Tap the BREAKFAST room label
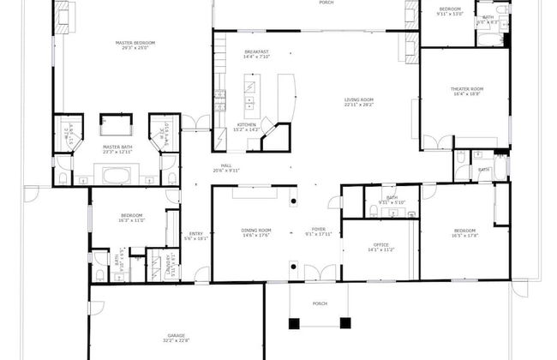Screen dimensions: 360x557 (x=257, y=51)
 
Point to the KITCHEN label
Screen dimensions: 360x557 (x=247, y=124)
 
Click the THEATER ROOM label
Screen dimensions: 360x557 (x=467, y=89)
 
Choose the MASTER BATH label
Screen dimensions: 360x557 (x=117, y=147)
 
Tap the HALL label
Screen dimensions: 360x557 (x=226, y=165)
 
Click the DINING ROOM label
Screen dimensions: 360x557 (x=257, y=230)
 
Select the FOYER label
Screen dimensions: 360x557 (x=318, y=230)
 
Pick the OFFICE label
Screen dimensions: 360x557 (x=380, y=245)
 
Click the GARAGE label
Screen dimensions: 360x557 (x=177, y=334)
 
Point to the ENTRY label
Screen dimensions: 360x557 (x=196, y=233)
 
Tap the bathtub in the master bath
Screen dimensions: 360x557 (x=116, y=177)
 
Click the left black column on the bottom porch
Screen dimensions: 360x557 (x=295, y=323)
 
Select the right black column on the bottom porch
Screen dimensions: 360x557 (x=345, y=323)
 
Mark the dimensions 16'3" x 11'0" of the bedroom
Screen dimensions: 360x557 (x=131, y=220)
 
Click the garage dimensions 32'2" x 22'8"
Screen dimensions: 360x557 (x=177, y=340)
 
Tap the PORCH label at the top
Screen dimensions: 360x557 (x=325, y=3)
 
